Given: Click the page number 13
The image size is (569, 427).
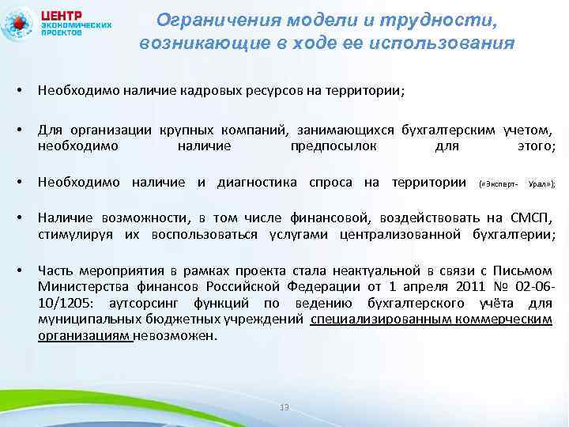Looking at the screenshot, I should pos(284,406).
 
